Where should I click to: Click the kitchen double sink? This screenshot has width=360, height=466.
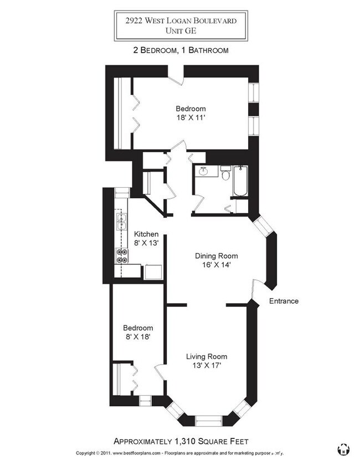coord(120,222)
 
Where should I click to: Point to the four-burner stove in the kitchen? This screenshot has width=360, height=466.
coord(121,255)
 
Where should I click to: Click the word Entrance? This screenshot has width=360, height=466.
coord(284,301)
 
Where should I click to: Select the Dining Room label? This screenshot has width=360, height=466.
coord(216,256)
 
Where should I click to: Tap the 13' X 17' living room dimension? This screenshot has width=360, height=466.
coord(206,366)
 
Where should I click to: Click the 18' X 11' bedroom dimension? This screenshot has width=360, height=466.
coord(191,118)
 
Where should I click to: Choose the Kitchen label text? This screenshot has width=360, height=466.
coord(146,234)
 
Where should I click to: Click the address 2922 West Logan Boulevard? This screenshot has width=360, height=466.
coord(181,20)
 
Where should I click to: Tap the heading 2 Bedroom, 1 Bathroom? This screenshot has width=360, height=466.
coord(181,50)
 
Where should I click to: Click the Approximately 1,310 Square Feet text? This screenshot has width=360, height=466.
coord(181,441)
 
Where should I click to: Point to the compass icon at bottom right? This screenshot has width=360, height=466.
coord(343,449)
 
